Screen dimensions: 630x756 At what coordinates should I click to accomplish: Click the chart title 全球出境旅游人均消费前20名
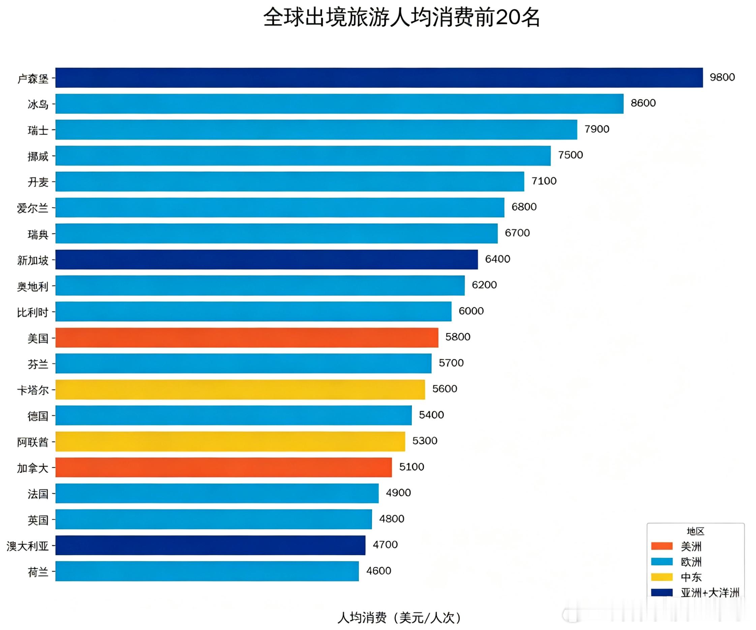click(401, 17)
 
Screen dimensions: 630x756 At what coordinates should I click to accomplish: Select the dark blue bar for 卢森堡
click(378, 78)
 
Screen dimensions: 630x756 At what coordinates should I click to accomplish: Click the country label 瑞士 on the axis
click(38, 130)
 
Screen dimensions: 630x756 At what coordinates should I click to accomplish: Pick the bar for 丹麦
click(290, 181)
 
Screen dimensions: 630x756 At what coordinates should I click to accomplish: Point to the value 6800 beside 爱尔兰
click(524, 207)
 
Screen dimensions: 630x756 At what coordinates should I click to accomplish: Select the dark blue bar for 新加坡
click(266, 259)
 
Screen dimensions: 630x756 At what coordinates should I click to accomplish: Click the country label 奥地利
click(32, 286)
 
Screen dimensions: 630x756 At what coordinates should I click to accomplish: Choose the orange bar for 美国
click(247, 337)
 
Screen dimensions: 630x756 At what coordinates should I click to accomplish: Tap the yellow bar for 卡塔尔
click(240, 389)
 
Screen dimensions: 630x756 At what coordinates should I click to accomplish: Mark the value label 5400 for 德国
click(431, 415)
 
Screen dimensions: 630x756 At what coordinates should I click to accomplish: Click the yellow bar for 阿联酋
click(231, 441)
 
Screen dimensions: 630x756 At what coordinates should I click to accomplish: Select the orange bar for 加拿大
click(223, 467)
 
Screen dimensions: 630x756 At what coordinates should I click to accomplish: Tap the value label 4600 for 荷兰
click(379, 571)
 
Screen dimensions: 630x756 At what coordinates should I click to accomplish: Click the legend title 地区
click(695, 531)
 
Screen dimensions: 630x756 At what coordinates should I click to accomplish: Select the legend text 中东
click(691, 577)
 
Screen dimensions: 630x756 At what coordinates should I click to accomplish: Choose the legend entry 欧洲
click(691, 562)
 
